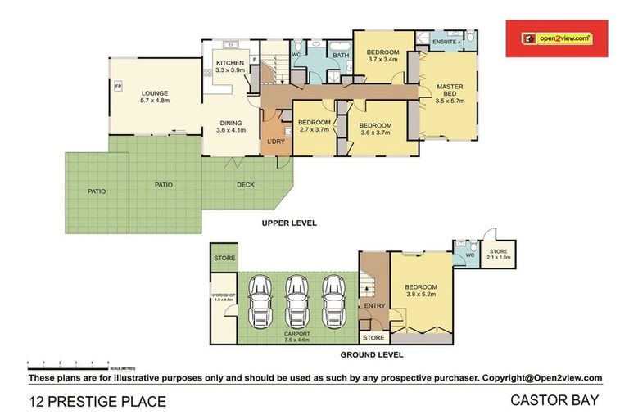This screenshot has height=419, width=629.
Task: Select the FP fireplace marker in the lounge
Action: tap(118, 87)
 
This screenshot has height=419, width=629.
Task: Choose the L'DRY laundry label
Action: tap(274, 142)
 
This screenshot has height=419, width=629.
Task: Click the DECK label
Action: tap(246, 185)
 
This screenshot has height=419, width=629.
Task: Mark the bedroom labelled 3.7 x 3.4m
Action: tap(382, 55)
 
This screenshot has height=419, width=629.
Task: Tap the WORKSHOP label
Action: tap(223, 296)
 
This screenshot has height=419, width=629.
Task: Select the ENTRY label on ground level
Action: tap(374, 306)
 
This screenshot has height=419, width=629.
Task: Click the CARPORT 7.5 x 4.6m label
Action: tap(295, 336)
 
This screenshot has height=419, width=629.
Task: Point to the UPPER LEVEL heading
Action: tap(288, 223)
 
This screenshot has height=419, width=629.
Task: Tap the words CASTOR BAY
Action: tap(556, 401)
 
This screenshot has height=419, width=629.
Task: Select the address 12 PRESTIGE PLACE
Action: tap(97, 402)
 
